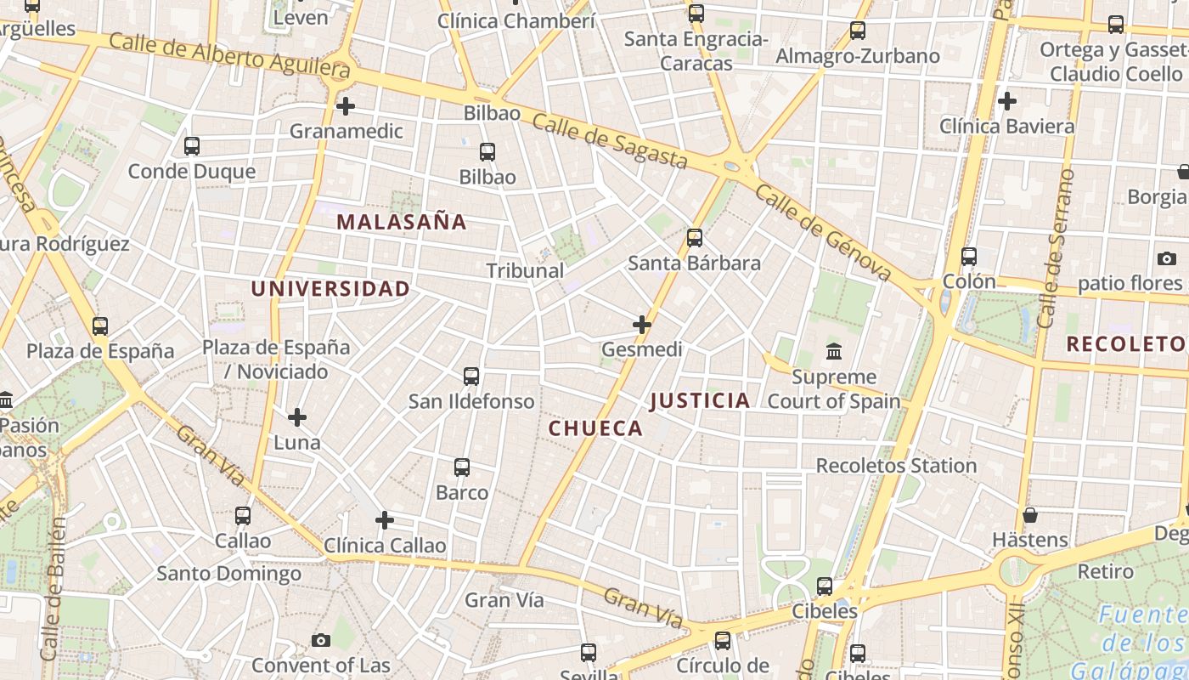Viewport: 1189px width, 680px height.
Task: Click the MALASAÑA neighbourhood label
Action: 402,223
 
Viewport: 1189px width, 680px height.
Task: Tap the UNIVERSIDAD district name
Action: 330,289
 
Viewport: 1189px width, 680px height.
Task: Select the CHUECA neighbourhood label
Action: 595,428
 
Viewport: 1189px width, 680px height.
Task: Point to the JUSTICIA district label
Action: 700,400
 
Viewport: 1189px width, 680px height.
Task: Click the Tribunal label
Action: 525,271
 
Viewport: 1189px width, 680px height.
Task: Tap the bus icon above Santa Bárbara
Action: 695,238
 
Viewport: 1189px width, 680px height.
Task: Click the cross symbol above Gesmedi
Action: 642,324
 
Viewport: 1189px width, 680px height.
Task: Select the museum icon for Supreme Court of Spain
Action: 834,351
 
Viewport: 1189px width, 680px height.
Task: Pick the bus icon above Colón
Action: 969,256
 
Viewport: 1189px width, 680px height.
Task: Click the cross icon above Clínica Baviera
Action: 1007,101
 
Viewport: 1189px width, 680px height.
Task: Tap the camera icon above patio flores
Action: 1167,258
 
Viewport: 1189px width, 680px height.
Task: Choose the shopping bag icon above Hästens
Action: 1030,515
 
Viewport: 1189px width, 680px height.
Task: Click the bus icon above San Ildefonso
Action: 471,376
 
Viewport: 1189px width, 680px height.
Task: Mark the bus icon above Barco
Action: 462,467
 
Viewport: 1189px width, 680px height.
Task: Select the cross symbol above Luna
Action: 297,417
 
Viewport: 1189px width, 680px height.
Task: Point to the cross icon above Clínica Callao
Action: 385,519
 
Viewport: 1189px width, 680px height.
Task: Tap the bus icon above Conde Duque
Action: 192,145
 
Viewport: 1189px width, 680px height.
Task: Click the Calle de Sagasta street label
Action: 610,141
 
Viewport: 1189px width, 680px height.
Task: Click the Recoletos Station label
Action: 896,466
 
